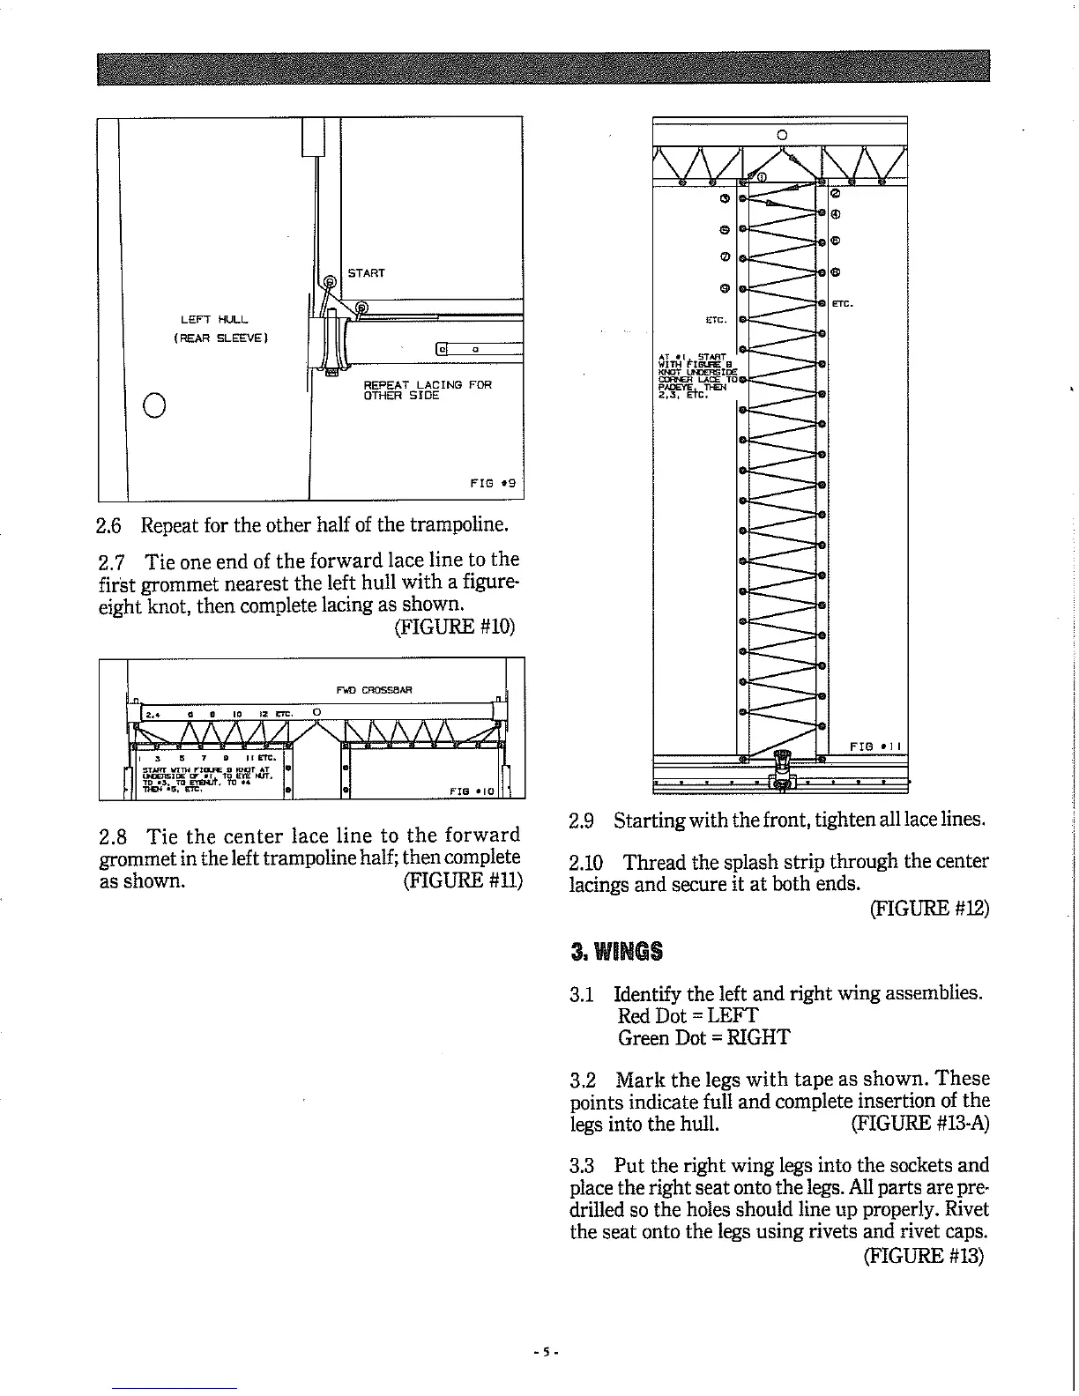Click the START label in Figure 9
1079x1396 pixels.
pyautogui.click(x=366, y=273)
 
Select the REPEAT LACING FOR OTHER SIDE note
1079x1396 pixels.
pyautogui.click(x=427, y=390)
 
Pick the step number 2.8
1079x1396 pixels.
pyautogui.click(x=115, y=835)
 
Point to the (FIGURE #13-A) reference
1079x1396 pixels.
pyautogui.click(x=920, y=1123)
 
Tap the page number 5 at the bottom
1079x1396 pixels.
pyautogui.click(x=546, y=1351)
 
